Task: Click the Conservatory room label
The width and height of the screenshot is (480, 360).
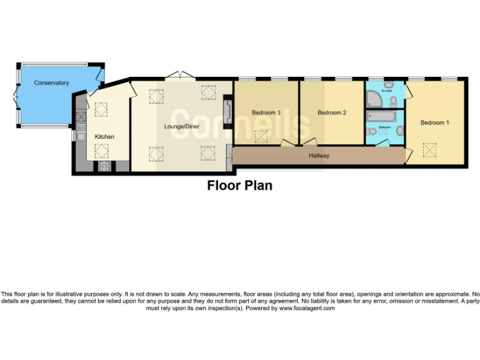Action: (51, 83)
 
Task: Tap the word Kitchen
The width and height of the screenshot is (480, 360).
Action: (104, 137)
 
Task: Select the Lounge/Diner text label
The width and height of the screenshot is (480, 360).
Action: (181, 126)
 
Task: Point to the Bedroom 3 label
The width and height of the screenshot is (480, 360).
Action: (266, 112)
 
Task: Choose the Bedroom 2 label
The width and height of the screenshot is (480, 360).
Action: (331, 112)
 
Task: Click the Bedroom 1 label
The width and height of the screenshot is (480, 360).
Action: (434, 122)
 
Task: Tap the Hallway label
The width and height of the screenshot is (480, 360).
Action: (319, 156)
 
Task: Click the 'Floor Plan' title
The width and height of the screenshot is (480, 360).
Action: (239, 186)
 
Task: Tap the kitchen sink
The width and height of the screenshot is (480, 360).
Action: (81, 133)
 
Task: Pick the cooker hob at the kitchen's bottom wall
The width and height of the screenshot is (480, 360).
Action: (104, 166)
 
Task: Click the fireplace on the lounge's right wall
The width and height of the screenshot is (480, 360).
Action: (228, 111)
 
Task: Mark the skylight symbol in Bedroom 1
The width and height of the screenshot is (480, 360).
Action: (429, 149)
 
